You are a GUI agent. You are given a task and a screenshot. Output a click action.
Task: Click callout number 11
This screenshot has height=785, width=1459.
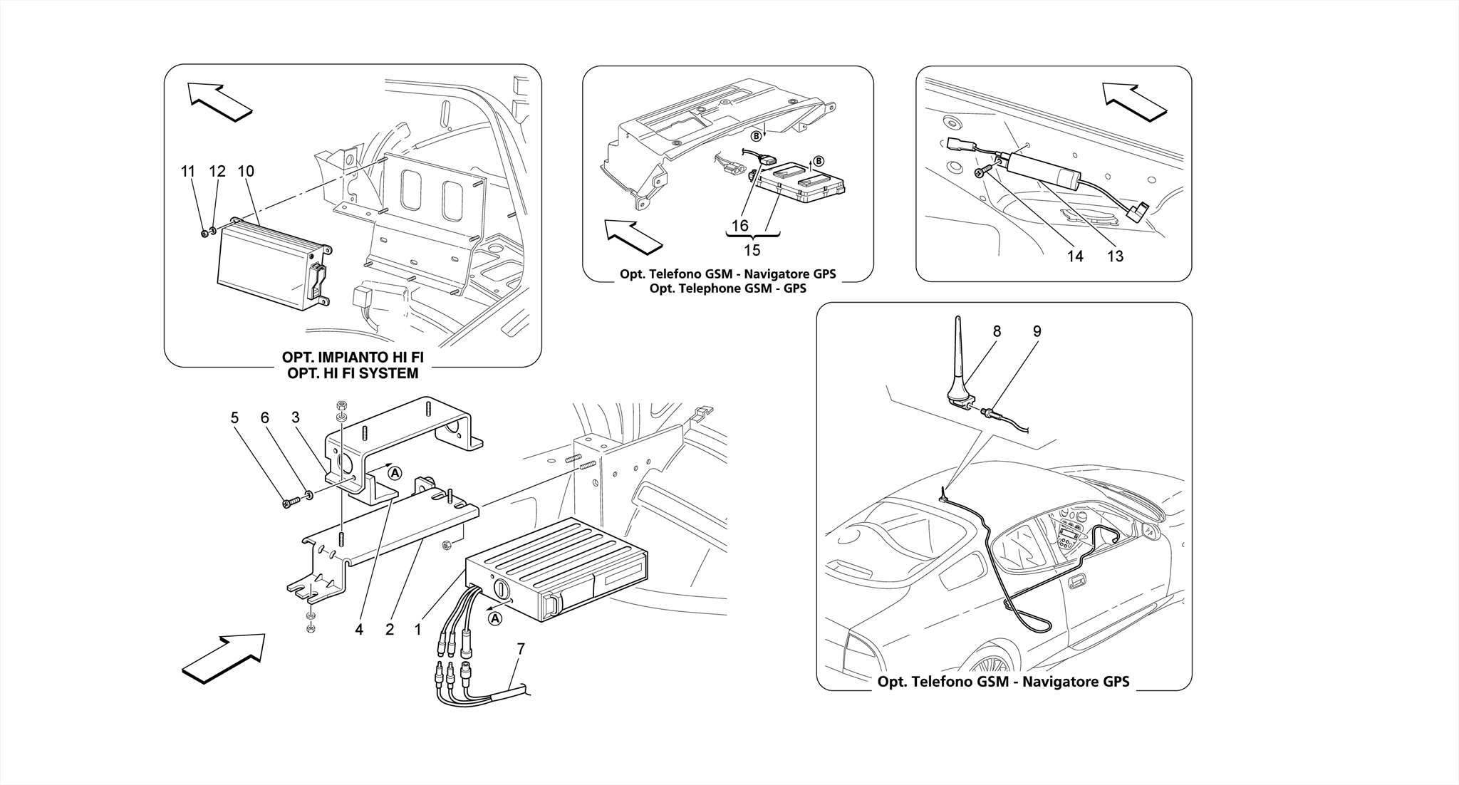coord(188,172)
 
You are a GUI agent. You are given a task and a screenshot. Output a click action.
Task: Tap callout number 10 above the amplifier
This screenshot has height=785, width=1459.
coord(246,172)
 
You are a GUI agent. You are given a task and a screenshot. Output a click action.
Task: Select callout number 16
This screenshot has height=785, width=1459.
coord(740,226)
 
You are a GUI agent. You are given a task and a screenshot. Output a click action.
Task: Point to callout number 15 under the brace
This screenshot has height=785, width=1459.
coord(752,250)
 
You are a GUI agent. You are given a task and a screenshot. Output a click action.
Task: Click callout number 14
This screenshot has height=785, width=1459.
coord(1075,256)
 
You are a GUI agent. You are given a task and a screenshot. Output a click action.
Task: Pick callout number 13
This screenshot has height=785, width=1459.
coord(1115,256)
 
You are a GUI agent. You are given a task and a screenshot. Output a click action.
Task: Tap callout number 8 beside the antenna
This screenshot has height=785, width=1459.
coord(997,331)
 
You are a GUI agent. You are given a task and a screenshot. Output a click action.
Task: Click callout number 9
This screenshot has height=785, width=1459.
coord(1037,331)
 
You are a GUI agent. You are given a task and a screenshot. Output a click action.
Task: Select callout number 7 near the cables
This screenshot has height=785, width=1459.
coord(521,649)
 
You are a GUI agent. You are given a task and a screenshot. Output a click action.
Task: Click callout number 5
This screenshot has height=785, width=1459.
coord(234,418)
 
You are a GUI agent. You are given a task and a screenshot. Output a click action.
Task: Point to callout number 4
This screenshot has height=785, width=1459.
coord(359,630)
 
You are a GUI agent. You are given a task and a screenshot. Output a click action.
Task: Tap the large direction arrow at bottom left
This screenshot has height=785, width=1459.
coord(224,658)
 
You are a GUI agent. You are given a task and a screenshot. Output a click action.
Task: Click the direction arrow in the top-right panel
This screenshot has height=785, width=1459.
coord(1133,102)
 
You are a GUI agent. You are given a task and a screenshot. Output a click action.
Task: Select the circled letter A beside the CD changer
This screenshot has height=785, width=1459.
coord(495,619)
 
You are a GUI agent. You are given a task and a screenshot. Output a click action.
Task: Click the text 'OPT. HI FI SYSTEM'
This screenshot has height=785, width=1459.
coord(353,373)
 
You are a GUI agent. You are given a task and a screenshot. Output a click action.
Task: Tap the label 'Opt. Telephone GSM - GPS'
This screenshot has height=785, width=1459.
coord(727,288)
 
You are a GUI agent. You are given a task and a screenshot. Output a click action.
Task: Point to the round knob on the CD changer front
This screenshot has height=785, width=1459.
coord(499,591)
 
